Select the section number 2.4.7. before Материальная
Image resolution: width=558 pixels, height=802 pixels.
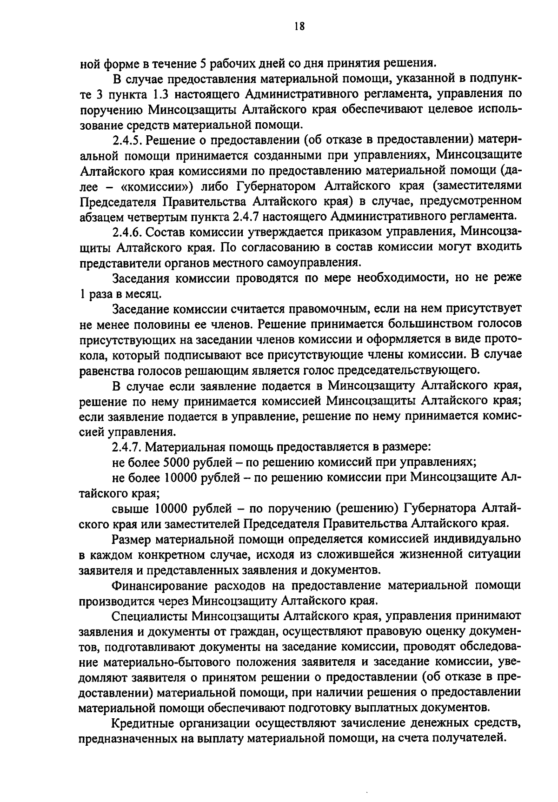128,447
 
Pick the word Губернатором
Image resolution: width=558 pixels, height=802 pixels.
277,186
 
